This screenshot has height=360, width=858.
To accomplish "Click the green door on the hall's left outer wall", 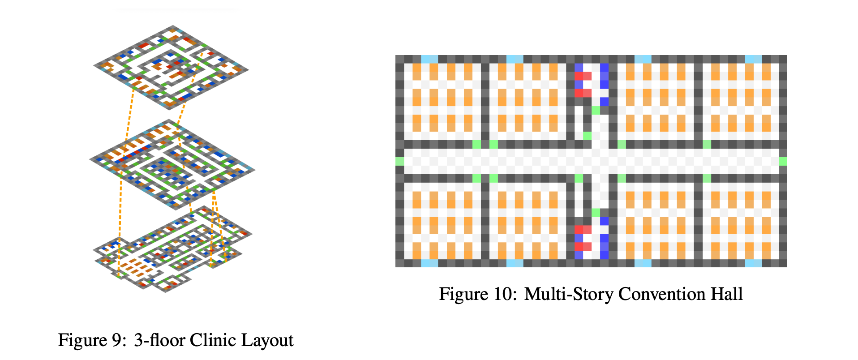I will [399, 161].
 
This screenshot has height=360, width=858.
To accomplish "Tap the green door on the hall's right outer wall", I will [783, 161].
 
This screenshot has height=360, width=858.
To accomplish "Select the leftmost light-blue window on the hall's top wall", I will [429, 59].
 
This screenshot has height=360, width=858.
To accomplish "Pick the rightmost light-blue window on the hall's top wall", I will [753, 59].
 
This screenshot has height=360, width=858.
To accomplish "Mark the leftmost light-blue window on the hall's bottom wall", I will [429, 263].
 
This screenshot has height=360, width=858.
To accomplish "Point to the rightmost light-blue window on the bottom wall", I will [753, 263].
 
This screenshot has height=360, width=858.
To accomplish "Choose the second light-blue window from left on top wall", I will [515, 59].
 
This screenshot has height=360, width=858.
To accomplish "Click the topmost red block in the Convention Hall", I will [583, 76].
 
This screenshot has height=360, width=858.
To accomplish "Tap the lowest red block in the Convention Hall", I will [583, 246].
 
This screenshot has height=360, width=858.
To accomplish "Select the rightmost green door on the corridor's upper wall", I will [707, 144].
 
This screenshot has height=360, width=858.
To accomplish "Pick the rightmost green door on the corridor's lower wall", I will [707, 178].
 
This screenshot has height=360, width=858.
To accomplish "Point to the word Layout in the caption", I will [267, 340].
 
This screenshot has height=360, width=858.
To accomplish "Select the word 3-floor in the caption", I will [159, 340].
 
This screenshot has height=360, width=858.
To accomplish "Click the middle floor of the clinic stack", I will [172, 164].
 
